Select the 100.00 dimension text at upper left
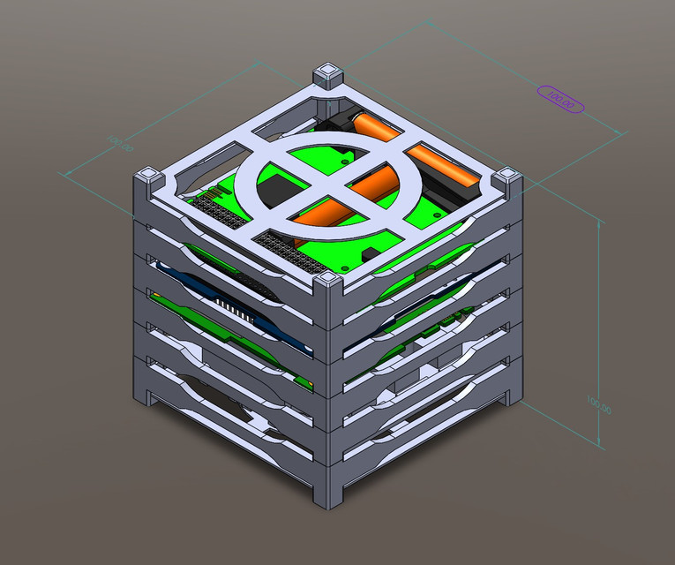(119, 143)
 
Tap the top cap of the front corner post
(328, 281)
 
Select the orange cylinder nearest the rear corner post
(377, 128)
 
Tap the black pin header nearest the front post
(284, 246)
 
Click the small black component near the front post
(371, 255)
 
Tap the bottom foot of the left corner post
(147, 398)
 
